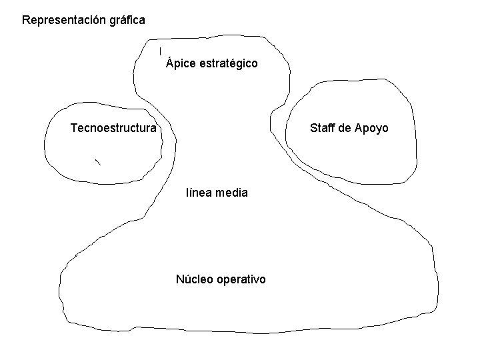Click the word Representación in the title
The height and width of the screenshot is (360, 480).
[61, 20]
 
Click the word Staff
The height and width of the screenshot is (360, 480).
[323, 128]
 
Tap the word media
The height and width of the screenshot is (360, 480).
[234, 193]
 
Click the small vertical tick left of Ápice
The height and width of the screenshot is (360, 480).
[160, 51]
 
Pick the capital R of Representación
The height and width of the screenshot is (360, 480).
[26, 20]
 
